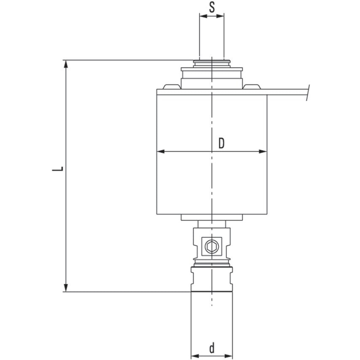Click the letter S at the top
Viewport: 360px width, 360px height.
pyautogui.click(x=212, y=7)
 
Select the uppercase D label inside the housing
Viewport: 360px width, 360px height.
pyautogui.click(x=221, y=143)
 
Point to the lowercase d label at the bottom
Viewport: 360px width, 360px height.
pyautogui.click(x=212, y=348)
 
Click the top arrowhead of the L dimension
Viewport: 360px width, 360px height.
pyautogui.click(x=66, y=64)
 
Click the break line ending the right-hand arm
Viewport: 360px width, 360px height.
pyautogui.click(x=308, y=93)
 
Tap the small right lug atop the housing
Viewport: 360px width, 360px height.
pyautogui.click(x=252, y=87)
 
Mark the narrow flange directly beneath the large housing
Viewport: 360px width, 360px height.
pyautogui.click(x=212, y=218)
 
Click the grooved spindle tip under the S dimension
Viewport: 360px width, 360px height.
pyautogui.click(x=212, y=63)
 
